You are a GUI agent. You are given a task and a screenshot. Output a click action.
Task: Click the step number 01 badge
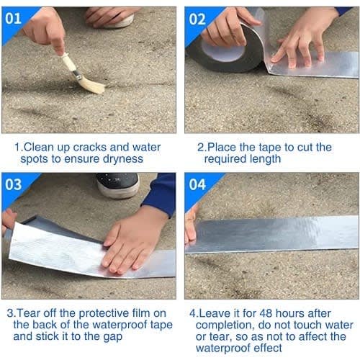(13, 18)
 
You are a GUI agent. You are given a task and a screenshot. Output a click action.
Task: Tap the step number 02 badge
(197, 19)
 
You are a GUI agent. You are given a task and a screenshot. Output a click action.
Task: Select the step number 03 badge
(14, 184)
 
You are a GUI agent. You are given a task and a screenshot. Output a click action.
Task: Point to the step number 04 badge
(197, 184)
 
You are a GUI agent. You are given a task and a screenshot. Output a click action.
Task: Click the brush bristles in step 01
(92, 86)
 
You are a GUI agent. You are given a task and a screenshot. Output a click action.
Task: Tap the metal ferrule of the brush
(76, 74)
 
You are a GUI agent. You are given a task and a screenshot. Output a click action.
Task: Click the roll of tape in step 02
(228, 48)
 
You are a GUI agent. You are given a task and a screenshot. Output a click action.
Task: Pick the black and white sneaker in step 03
(117, 185)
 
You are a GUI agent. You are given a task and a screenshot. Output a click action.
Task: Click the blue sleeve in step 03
(161, 192)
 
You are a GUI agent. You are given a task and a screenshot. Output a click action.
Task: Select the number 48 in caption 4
(266, 313)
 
